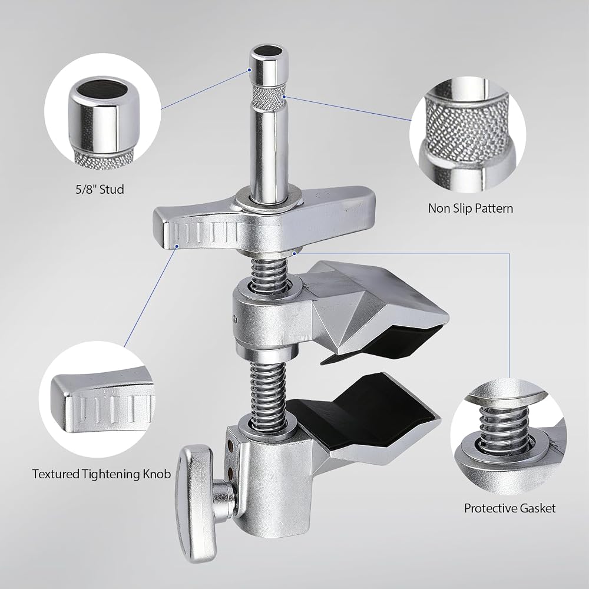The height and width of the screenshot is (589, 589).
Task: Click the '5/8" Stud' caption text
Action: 100,189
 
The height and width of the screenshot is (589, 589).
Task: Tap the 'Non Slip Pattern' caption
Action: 471,208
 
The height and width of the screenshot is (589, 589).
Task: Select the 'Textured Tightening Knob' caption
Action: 101,474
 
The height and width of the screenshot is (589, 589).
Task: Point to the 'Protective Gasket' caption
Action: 509,508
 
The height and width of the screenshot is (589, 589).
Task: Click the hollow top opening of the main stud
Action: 269,51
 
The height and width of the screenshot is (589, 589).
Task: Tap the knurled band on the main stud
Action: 269,96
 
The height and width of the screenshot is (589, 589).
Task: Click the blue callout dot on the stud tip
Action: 249,70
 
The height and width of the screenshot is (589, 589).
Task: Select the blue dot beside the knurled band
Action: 284,97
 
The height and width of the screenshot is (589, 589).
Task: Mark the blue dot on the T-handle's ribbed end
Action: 177,246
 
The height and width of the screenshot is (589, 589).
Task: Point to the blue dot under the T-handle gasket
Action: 294,253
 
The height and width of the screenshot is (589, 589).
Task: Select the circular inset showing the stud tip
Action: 102,111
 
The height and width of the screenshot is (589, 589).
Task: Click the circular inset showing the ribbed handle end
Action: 97,399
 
